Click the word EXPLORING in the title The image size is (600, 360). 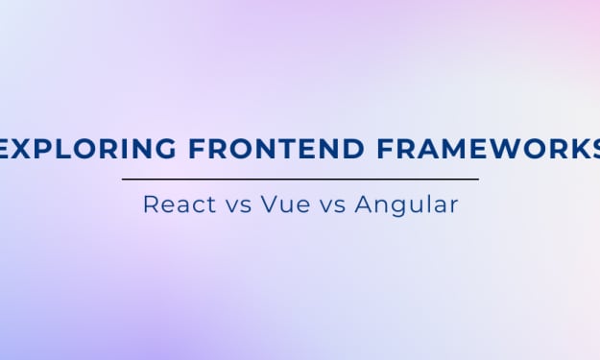click(87, 149)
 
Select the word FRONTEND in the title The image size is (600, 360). click(276, 149)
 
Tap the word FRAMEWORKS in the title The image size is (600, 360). click(489, 149)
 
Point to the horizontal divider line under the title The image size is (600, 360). click(300, 179)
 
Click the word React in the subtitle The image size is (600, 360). click(180, 204)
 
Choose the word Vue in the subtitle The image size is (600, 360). click(285, 204)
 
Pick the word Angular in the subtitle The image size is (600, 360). click(406, 205)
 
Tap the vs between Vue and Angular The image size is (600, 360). click(332, 206)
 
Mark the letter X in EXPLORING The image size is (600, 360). click(19, 149)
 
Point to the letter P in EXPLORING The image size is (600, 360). click(41, 149)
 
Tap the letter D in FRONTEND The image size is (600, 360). click(352, 149)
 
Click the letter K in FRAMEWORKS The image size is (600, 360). click(575, 149)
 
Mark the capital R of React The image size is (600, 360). click(151, 204)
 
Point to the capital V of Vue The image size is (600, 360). click(269, 204)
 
